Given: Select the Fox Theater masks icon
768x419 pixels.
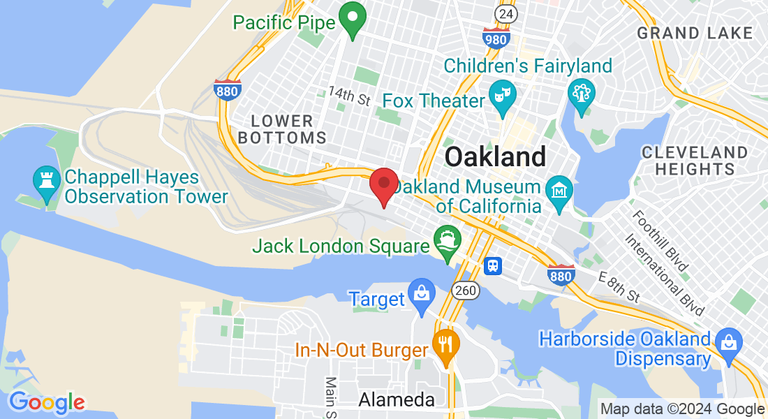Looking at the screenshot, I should [x=501, y=101].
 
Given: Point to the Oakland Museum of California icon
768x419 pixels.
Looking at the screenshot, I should [x=560, y=189].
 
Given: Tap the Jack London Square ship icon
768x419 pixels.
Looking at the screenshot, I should [x=446, y=242].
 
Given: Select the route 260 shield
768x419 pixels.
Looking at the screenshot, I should [x=465, y=289].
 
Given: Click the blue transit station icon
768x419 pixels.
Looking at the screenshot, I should [x=494, y=265].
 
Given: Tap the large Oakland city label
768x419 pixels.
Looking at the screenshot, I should [x=495, y=156].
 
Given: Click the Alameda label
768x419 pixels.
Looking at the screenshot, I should [x=396, y=399].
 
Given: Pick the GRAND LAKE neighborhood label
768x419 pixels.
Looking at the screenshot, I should [x=695, y=33].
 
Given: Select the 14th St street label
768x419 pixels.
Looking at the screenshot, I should [x=349, y=96].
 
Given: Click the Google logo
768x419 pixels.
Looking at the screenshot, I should [x=47, y=402].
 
